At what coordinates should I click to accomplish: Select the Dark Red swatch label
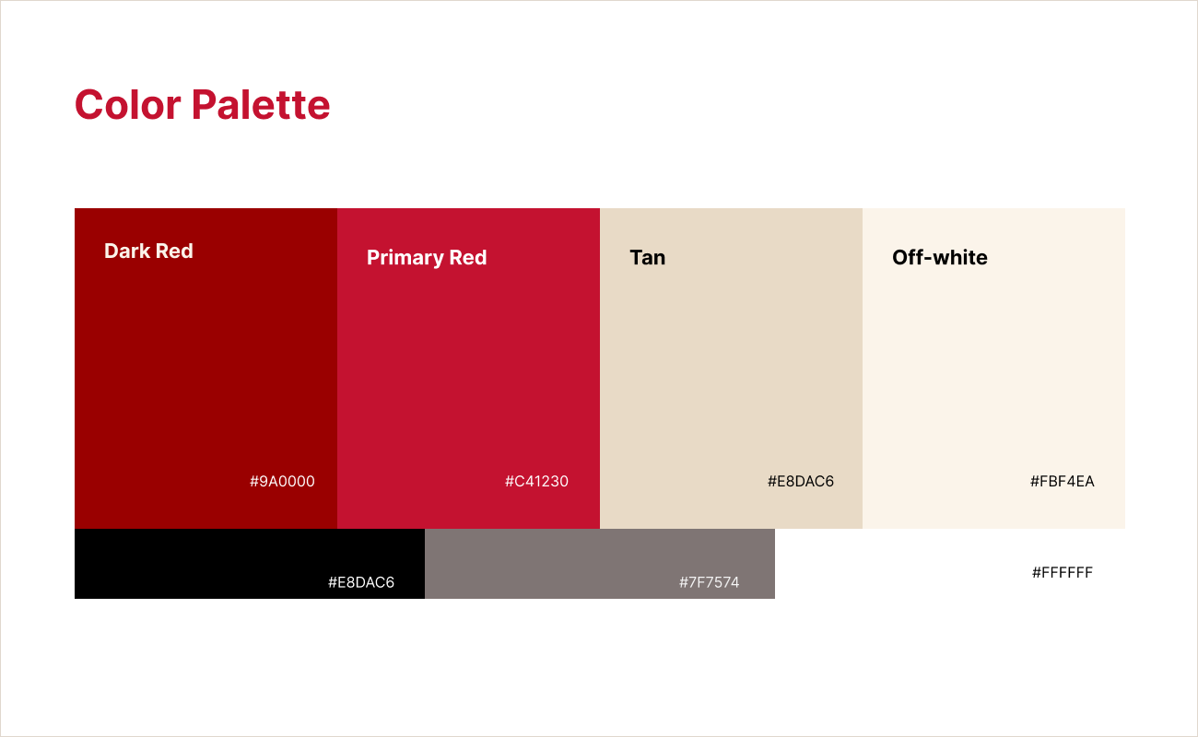point(148,252)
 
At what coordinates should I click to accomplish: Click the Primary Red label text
point(427,258)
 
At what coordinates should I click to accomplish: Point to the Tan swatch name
point(647,258)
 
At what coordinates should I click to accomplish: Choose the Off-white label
point(939,258)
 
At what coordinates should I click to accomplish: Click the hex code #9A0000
point(282,482)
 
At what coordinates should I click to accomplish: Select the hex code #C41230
point(536,482)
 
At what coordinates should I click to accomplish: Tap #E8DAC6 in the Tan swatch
point(800,482)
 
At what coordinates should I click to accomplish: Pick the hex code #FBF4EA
point(1062,482)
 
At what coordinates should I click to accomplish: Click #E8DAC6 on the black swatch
point(360,583)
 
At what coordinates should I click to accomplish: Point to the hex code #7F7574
point(709,583)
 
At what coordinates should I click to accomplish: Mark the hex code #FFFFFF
point(1062,573)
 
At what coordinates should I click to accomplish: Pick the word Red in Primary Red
point(467,258)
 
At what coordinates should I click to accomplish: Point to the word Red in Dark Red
point(174,252)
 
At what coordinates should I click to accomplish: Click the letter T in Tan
point(636,258)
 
